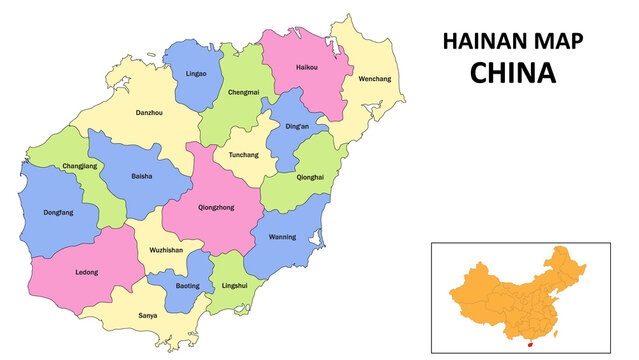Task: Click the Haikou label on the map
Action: (x=306, y=68)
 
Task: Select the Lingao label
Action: (x=196, y=73)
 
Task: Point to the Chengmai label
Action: (x=243, y=93)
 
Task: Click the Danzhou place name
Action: (x=149, y=113)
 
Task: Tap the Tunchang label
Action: (x=244, y=155)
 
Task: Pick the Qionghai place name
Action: (x=310, y=177)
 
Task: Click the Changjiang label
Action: (x=80, y=165)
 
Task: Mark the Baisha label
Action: (x=142, y=177)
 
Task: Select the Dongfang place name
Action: (x=58, y=212)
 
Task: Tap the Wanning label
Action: (x=282, y=238)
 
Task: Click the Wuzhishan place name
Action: (x=166, y=250)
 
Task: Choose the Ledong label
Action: (x=87, y=272)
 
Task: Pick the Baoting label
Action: (x=187, y=286)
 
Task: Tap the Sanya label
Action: (x=147, y=316)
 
